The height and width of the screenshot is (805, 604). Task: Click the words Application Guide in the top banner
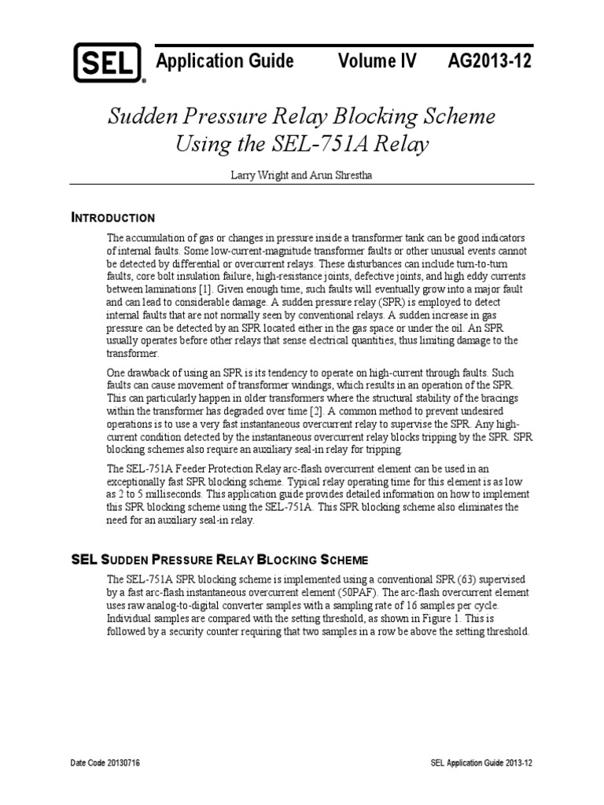click(x=225, y=61)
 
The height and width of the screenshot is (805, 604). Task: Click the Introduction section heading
click(x=113, y=217)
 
